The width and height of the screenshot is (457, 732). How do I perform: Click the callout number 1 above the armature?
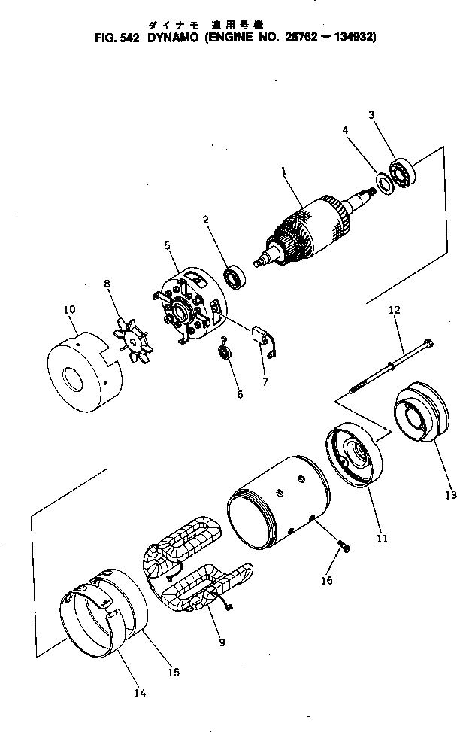click(284, 171)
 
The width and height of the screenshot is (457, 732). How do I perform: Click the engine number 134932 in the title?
click(350, 35)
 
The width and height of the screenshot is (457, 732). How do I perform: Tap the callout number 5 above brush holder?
click(168, 245)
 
